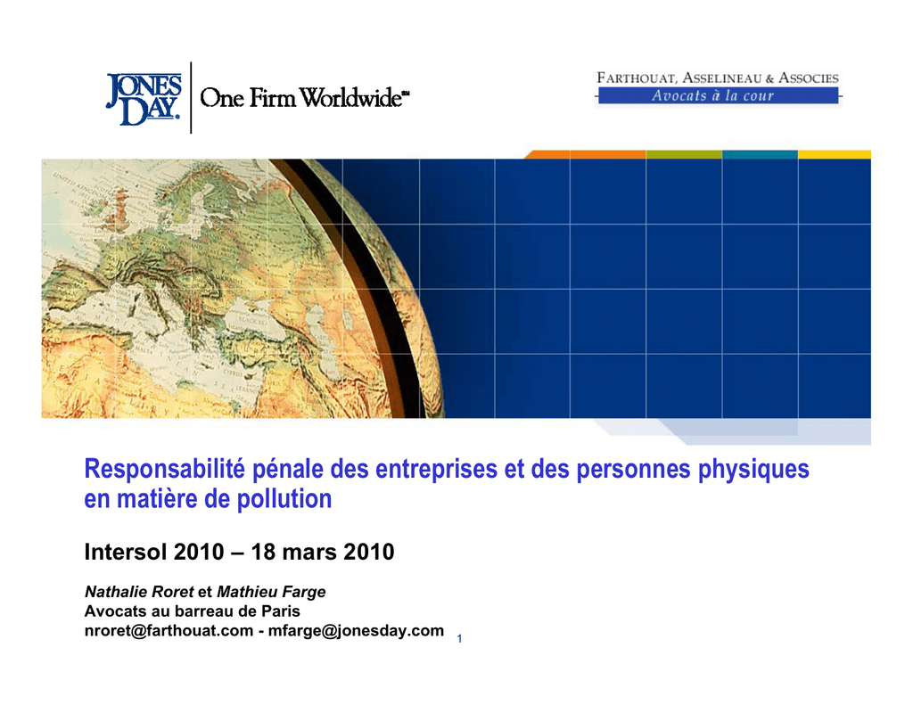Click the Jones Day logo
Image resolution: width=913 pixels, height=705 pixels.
[x=144, y=99]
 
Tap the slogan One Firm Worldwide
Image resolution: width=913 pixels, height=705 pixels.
[x=305, y=98]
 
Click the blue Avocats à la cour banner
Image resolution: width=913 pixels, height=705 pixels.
[x=718, y=95]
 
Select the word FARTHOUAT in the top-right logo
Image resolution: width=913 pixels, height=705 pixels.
[x=637, y=78]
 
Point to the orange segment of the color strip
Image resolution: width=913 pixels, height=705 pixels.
[x=585, y=154]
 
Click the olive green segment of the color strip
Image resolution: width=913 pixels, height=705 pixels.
[x=684, y=154]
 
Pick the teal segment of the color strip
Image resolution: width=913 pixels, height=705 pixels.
[x=760, y=154]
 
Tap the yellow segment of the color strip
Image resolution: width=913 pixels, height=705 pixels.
[x=835, y=154]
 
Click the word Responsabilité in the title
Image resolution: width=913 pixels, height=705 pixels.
[x=165, y=469]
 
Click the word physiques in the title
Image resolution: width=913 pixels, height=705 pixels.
[x=753, y=470]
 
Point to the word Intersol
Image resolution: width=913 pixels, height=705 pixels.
[x=125, y=552]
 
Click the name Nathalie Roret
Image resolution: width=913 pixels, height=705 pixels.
[x=139, y=592]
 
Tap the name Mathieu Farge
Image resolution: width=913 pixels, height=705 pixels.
[x=271, y=592]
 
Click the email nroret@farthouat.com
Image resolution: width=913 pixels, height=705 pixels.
[x=169, y=630]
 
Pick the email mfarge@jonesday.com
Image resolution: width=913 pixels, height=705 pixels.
[x=356, y=631]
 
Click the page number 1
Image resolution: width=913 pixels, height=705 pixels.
[x=459, y=639]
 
